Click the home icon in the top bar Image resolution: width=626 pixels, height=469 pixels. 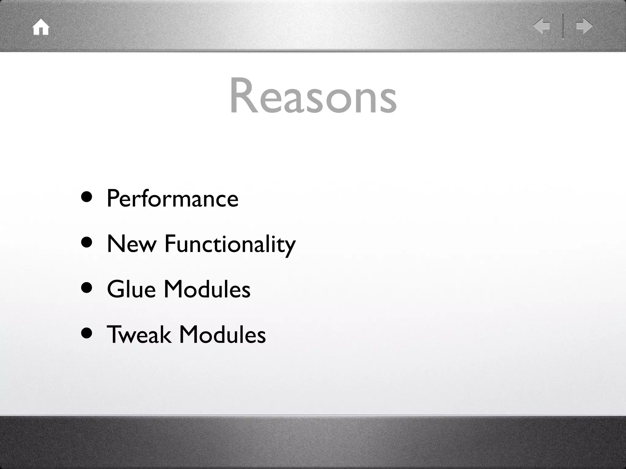(41, 27)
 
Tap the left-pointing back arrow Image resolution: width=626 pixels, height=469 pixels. (541, 26)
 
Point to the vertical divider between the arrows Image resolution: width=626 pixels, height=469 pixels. (563, 26)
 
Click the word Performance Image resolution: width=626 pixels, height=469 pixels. (172, 198)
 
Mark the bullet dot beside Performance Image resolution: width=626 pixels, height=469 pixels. (87, 197)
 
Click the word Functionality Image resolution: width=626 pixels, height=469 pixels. (230, 244)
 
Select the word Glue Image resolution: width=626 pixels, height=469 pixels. (131, 289)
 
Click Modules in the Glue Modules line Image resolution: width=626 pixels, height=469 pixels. (207, 289)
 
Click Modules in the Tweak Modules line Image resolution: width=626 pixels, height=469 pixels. (222, 334)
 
